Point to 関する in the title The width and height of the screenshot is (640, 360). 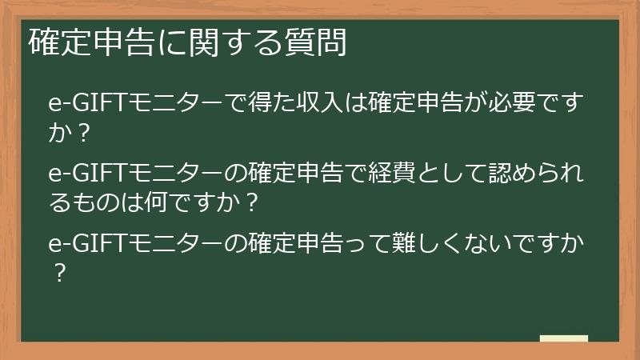[233, 42]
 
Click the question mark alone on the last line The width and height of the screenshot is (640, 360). [58, 273]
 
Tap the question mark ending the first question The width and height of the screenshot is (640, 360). [81, 133]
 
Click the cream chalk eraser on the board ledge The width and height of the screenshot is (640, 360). [564, 338]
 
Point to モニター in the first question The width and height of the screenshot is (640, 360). [163, 105]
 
